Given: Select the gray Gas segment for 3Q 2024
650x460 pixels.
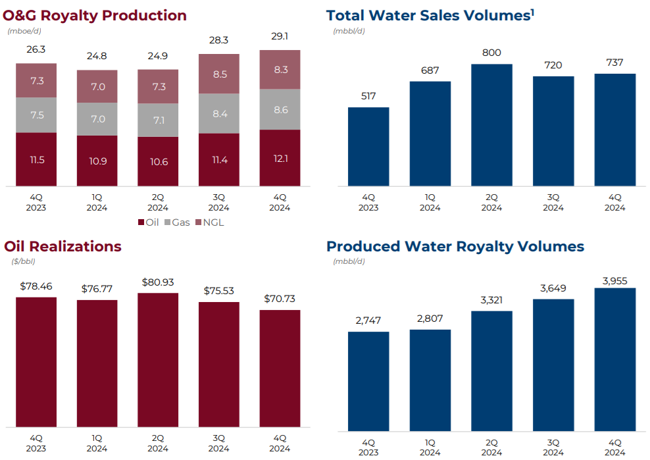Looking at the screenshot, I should pos(219,113).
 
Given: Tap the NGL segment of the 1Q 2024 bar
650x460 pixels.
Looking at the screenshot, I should pos(97,87).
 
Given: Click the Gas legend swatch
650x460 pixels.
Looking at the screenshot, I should pos(166,222).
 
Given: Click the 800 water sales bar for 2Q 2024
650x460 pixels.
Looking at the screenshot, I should pos(491,125).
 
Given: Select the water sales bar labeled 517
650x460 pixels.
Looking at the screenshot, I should pos(368,147).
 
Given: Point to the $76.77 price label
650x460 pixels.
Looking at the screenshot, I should pos(97,288).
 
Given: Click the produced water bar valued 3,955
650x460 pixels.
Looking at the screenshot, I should pos(614,359).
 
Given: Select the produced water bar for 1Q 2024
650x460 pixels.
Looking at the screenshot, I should pos(430,380).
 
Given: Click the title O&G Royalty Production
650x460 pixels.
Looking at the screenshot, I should pos(95,15).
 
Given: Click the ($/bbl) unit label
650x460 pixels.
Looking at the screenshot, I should pos(23,261).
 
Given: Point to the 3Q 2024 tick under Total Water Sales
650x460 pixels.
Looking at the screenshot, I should pos(553,202).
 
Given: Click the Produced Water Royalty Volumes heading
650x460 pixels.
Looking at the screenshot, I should pos(455,247).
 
